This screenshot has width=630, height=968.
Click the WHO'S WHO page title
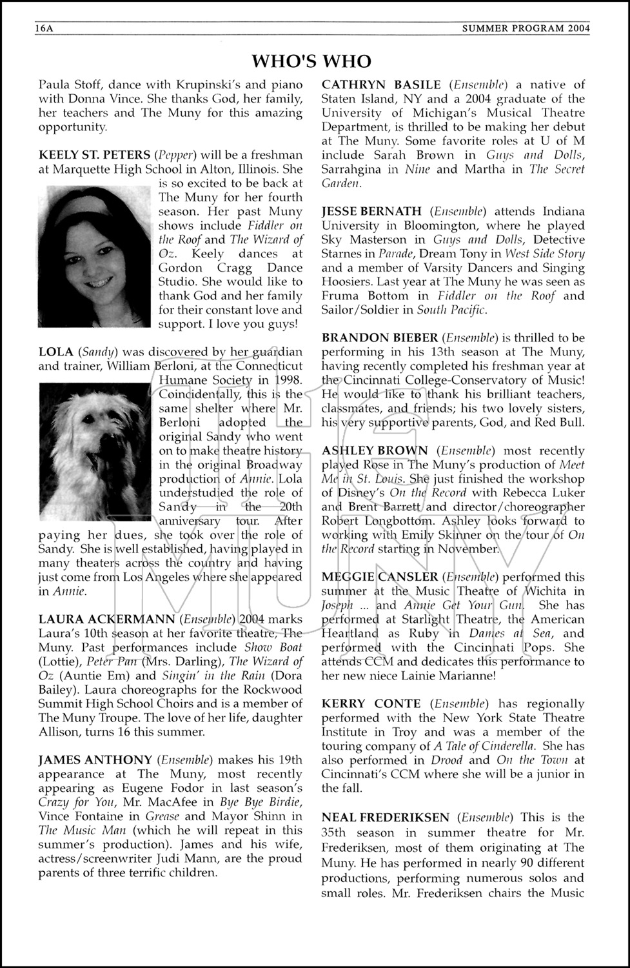coord(311,61)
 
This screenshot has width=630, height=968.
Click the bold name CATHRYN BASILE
coord(381,85)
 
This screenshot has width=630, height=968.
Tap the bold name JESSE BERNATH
coord(371,211)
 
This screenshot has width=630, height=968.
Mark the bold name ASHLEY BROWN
coord(375,450)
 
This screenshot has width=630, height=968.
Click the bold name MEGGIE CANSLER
coord(380,577)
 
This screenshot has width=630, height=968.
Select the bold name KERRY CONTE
coord(371,703)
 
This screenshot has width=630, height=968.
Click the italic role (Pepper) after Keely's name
coord(177,155)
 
